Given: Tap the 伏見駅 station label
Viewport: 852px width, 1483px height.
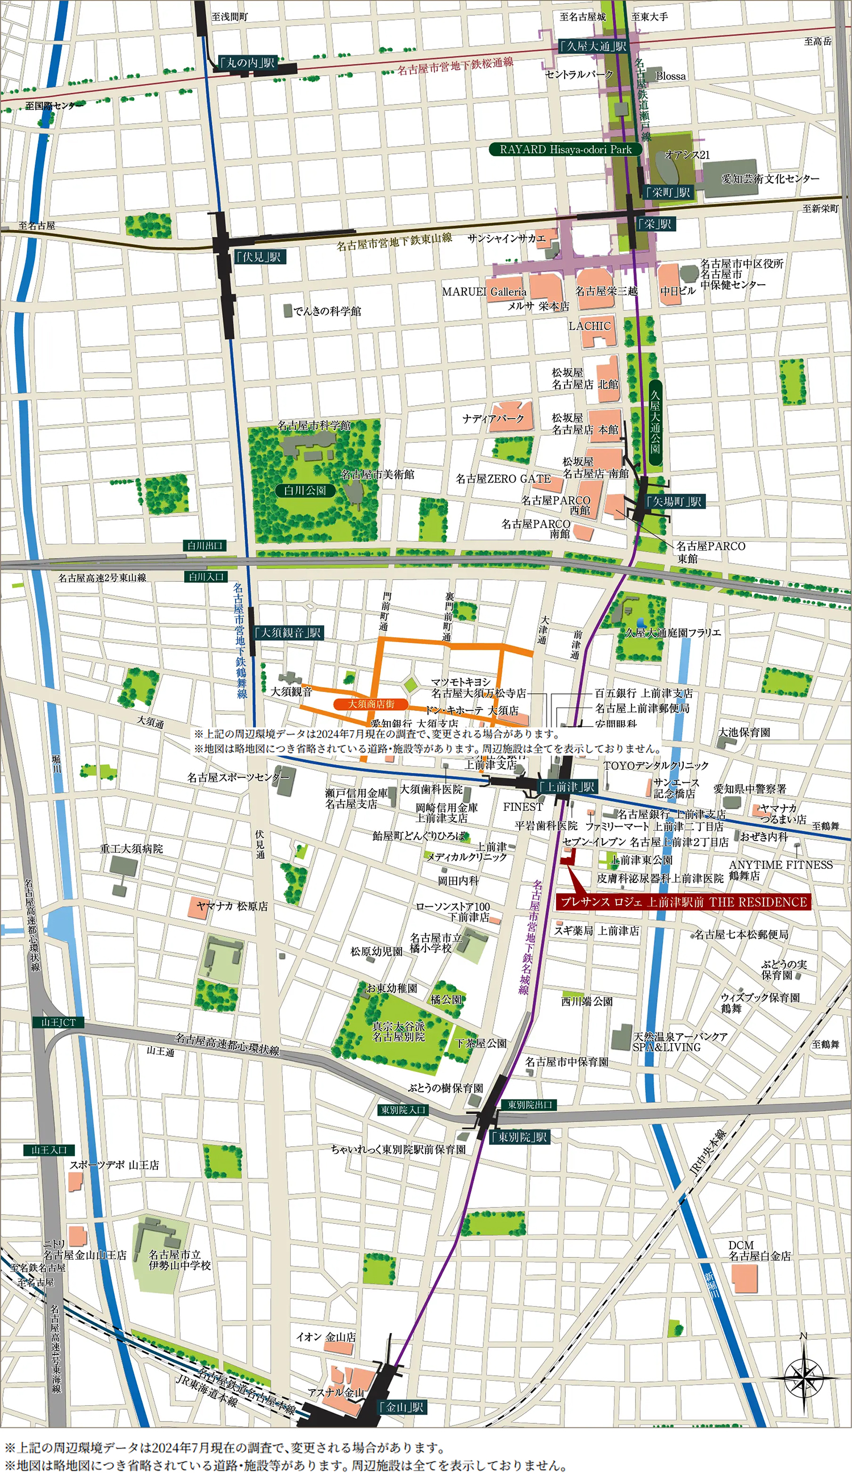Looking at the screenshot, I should (259, 256).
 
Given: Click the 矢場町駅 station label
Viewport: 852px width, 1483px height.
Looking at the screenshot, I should (675, 501).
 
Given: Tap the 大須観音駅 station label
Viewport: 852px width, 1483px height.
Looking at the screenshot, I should (289, 632).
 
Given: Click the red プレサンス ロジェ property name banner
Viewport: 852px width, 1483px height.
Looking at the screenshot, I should (683, 902).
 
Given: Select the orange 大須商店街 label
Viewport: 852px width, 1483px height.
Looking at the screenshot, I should (370, 703).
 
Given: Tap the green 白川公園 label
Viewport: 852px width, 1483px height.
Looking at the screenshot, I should (305, 490).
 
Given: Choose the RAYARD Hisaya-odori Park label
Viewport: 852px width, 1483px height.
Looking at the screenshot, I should (565, 149).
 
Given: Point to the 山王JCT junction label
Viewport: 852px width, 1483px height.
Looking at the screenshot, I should (59, 1022).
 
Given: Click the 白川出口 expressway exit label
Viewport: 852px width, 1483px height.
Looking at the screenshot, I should (205, 545).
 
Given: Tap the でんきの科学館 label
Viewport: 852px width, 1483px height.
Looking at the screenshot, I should (327, 311).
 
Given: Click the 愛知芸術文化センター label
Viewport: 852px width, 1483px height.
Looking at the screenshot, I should (770, 178).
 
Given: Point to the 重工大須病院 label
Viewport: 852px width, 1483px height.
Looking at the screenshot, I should (131, 848).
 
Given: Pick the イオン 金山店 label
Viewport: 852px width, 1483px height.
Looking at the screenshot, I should (325, 1337).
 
